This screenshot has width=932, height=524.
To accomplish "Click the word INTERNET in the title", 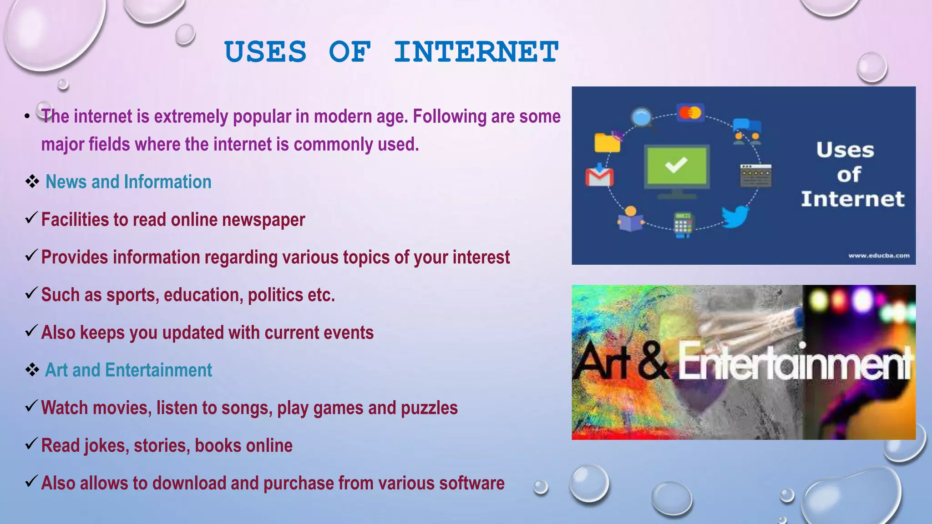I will tap(476, 52).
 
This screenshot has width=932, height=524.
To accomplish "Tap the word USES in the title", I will tap(265, 52).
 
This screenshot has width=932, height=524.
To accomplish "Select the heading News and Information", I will tap(128, 182).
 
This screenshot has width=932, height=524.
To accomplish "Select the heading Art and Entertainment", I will tap(128, 370).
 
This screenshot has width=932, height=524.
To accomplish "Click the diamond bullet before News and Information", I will tap(32, 182).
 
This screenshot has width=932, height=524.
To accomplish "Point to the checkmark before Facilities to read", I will tap(31, 218).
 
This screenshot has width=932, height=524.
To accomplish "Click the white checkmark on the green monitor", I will tap(676, 165).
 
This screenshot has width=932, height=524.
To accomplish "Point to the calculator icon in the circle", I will tap(683, 224).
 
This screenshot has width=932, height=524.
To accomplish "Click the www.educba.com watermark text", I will tap(879, 256).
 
